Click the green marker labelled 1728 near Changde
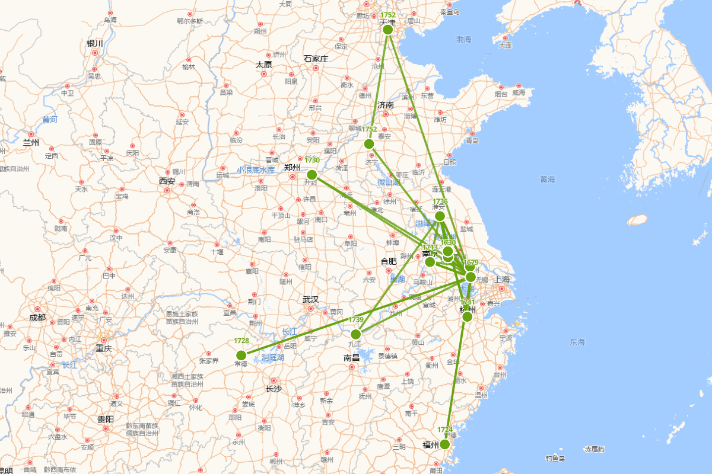coord(241,355)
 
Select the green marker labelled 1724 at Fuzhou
coord(444,444)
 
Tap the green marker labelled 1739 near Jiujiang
coord(356,334)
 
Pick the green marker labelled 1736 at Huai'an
coord(440,216)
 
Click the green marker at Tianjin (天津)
coord(388,29)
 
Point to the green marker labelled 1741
coord(468,316)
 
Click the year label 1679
coord(471,262)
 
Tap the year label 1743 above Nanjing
coord(430,247)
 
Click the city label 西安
coord(167,181)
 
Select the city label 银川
coord(95,43)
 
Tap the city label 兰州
coord(31,143)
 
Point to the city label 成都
coord(37,317)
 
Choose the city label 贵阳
coord(106,419)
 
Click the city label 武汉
coord(310,300)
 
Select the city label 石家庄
coord(316,59)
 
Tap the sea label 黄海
coord(547,179)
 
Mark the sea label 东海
coord(577,342)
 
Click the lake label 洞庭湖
coord(273,357)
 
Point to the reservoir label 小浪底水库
coord(256,169)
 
